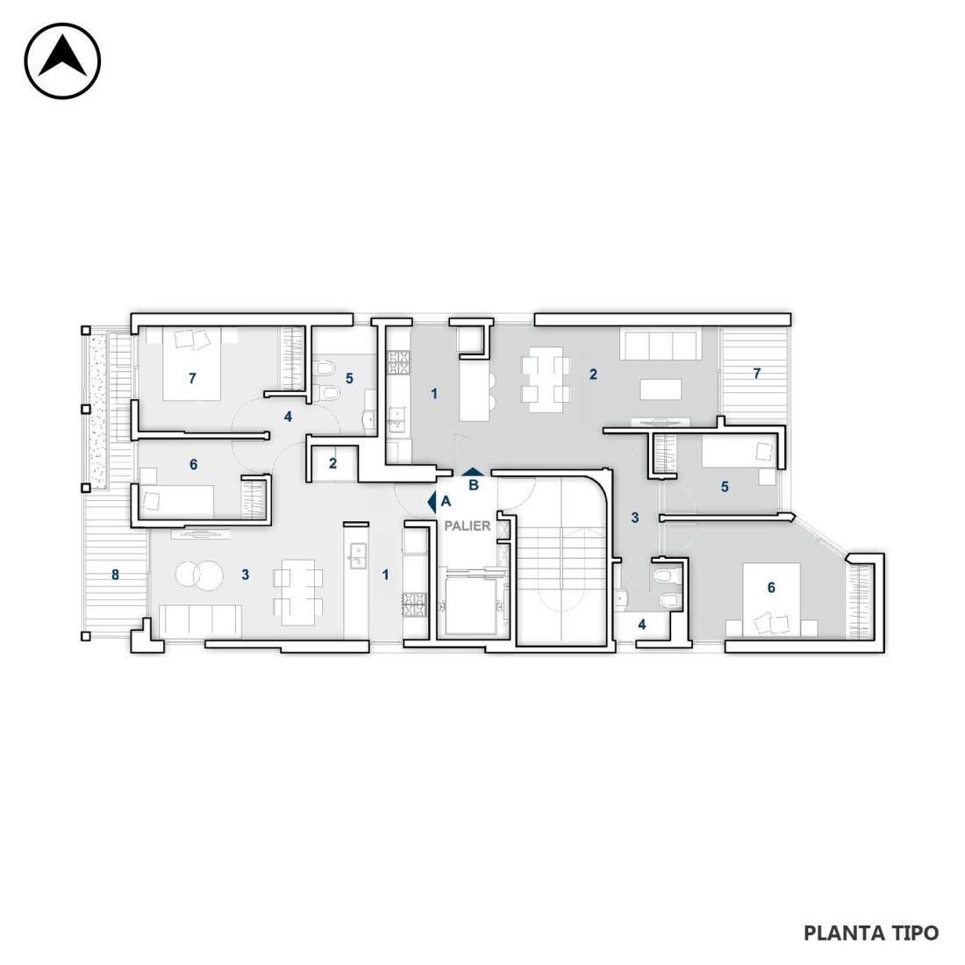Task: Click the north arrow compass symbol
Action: (62, 61)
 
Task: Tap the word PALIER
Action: (468, 526)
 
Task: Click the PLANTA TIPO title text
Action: (871, 933)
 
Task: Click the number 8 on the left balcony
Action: (115, 575)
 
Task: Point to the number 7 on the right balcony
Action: (757, 373)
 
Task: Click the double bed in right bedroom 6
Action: (772, 599)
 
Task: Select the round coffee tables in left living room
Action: (199, 575)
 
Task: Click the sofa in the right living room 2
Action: (658, 346)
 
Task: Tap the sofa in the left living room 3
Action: (200, 621)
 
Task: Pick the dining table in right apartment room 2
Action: (546, 380)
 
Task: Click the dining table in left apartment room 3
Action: (298, 593)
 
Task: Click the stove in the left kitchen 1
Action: (415, 604)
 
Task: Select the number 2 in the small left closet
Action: (333, 463)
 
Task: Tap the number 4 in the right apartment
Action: (642, 625)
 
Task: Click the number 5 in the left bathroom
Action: (349, 378)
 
